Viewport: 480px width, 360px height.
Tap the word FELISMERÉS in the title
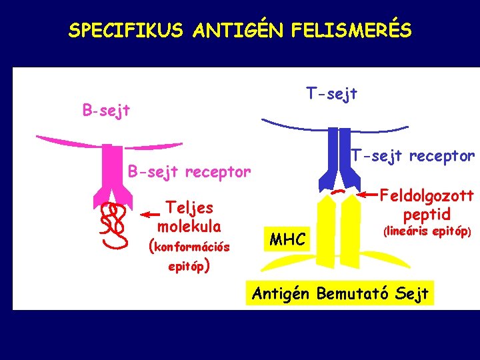pos(360,31)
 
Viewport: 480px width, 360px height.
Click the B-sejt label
pos(106,109)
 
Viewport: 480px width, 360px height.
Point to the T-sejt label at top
pos(331,94)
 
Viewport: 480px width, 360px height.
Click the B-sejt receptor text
pos(189,172)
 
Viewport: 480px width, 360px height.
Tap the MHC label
pos(288,239)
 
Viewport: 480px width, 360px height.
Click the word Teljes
pos(189,207)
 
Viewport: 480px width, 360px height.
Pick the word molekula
pos(189,225)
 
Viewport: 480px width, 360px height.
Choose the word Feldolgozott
pos(427,196)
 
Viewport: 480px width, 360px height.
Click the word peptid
pos(427,215)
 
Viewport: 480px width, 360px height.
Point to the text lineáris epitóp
pos(427,233)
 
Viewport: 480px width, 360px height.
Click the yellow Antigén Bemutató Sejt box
pos(340,293)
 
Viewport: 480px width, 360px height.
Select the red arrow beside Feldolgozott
pos(368,195)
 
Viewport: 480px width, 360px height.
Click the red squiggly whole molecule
pos(113,223)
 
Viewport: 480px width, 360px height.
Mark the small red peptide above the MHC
pos(339,191)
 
